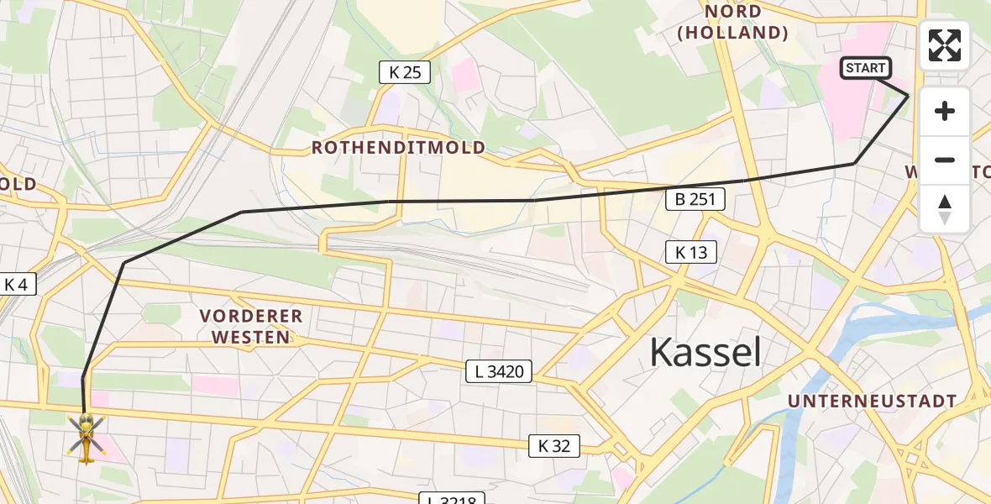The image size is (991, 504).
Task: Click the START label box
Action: [x=865, y=68]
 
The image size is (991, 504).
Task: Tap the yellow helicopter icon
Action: [x=86, y=437]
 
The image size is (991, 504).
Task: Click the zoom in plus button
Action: [x=945, y=112]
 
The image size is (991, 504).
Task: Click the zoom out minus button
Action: [x=945, y=160]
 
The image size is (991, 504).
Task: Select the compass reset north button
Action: [x=945, y=209]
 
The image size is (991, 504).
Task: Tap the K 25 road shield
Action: [x=405, y=73]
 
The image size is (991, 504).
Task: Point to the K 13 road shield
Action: [x=691, y=251]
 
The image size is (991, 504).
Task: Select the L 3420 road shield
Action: [x=500, y=370]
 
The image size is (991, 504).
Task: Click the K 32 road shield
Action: [x=554, y=446]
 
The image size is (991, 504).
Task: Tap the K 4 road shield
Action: [x=16, y=285]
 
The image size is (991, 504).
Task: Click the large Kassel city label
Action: [x=705, y=353]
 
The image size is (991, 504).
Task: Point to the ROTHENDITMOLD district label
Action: [x=398, y=148]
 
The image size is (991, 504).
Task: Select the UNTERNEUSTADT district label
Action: [x=872, y=402]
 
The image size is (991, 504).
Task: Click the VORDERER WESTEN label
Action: [x=250, y=327]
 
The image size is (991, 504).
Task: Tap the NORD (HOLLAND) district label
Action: [x=733, y=23]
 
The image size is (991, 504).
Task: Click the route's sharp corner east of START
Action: [x=908, y=97]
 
